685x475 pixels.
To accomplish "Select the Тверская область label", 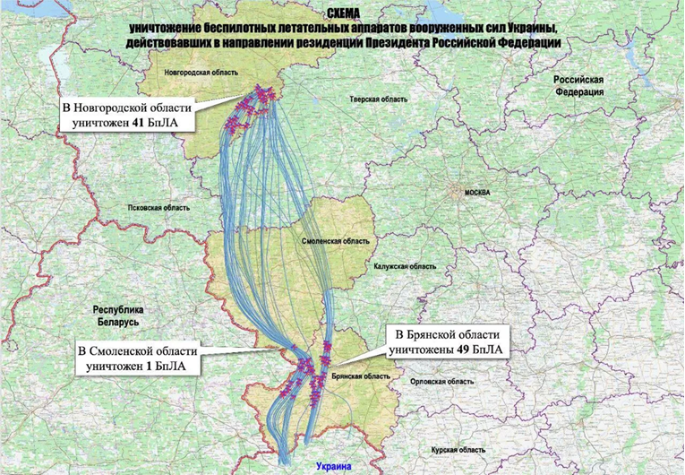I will click(x=374, y=99).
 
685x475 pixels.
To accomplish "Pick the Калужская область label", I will click(x=406, y=266).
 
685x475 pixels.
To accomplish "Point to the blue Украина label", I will click(x=335, y=466).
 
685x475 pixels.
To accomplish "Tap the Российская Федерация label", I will click(x=578, y=86).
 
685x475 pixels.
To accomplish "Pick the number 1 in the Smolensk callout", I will click(x=148, y=366).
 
